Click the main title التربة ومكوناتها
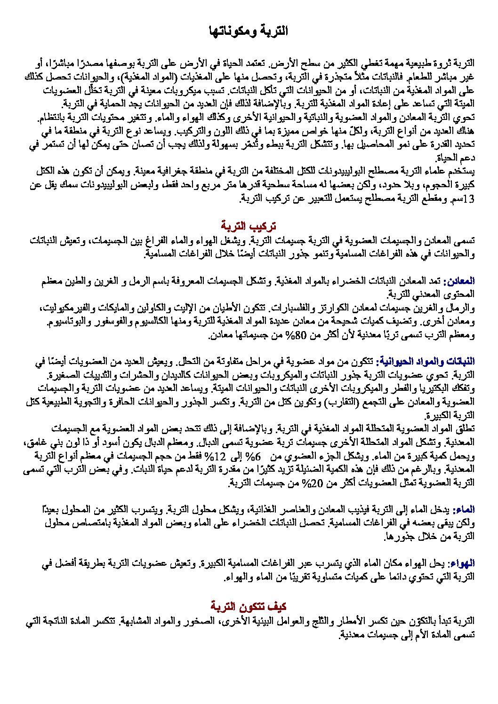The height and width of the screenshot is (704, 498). tap(249, 32)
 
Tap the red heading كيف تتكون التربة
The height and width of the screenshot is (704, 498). tap(249, 606)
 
